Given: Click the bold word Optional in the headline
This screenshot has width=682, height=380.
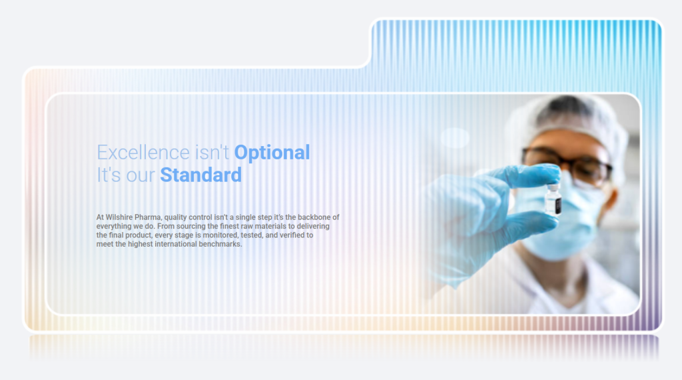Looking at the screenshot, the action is tap(272, 153).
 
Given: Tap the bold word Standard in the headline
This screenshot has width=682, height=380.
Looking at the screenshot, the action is tap(201, 175).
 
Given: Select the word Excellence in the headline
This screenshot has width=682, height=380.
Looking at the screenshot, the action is tap(143, 153).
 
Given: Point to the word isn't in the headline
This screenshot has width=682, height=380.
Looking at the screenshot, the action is tap(212, 153).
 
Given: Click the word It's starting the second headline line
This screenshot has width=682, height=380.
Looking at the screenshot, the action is tap(109, 175).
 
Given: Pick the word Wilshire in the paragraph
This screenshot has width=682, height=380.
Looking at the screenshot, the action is tap(119, 217).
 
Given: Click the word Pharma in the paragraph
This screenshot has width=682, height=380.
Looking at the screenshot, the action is tap(148, 217).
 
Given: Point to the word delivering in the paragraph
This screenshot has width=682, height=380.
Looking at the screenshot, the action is tap(313, 227).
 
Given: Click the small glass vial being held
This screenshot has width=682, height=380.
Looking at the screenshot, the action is tap(553, 200).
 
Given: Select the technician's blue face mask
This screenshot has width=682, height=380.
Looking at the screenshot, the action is tap(561, 222).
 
